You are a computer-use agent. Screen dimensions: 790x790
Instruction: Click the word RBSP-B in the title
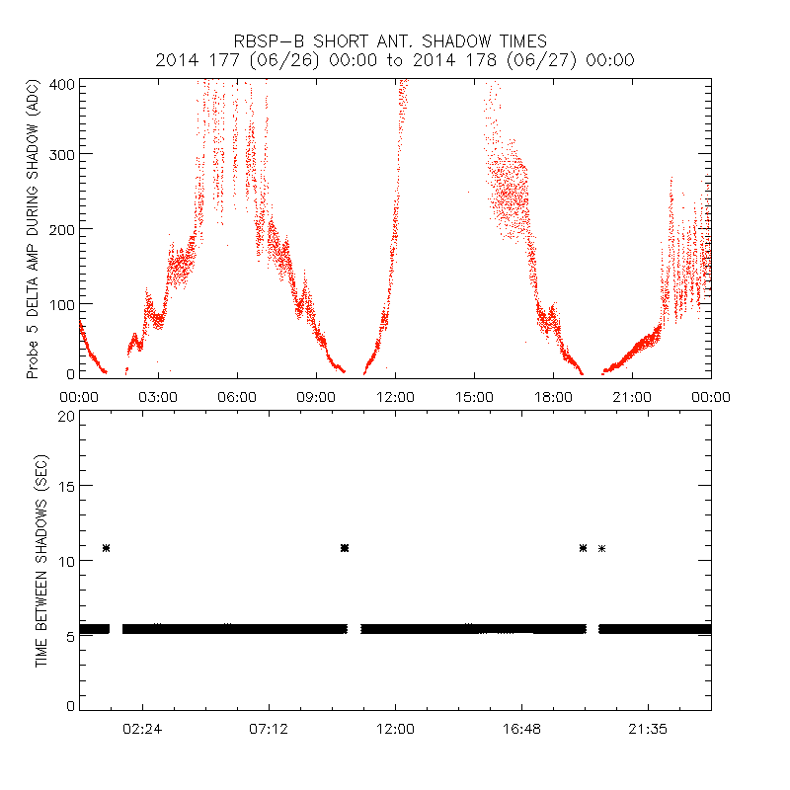[x=266, y=40]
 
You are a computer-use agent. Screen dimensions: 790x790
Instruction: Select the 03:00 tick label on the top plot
[x=158, y=396]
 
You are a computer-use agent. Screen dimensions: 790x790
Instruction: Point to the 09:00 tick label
[x=316, y=396]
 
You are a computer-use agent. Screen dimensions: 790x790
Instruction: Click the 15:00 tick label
[x=474, y=396]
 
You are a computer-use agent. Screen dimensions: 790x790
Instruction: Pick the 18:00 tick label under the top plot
[x=553, y=396]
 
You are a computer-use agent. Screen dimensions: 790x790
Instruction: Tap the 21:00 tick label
[x=632, y=396]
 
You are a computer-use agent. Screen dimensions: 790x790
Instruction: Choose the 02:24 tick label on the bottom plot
[x=142, y=728]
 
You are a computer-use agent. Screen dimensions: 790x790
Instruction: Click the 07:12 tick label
[x=269, y=728]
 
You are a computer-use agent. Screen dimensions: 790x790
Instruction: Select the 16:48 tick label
[x=521, y=728]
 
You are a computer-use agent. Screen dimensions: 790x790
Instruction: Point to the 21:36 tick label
[x=648, y=728]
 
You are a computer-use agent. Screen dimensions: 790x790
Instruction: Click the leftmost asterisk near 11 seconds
[x=106, y=547]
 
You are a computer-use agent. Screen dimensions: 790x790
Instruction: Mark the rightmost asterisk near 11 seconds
[x=601, y=547]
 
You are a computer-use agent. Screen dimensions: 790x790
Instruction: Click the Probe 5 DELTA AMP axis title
[x=33, y=229]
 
